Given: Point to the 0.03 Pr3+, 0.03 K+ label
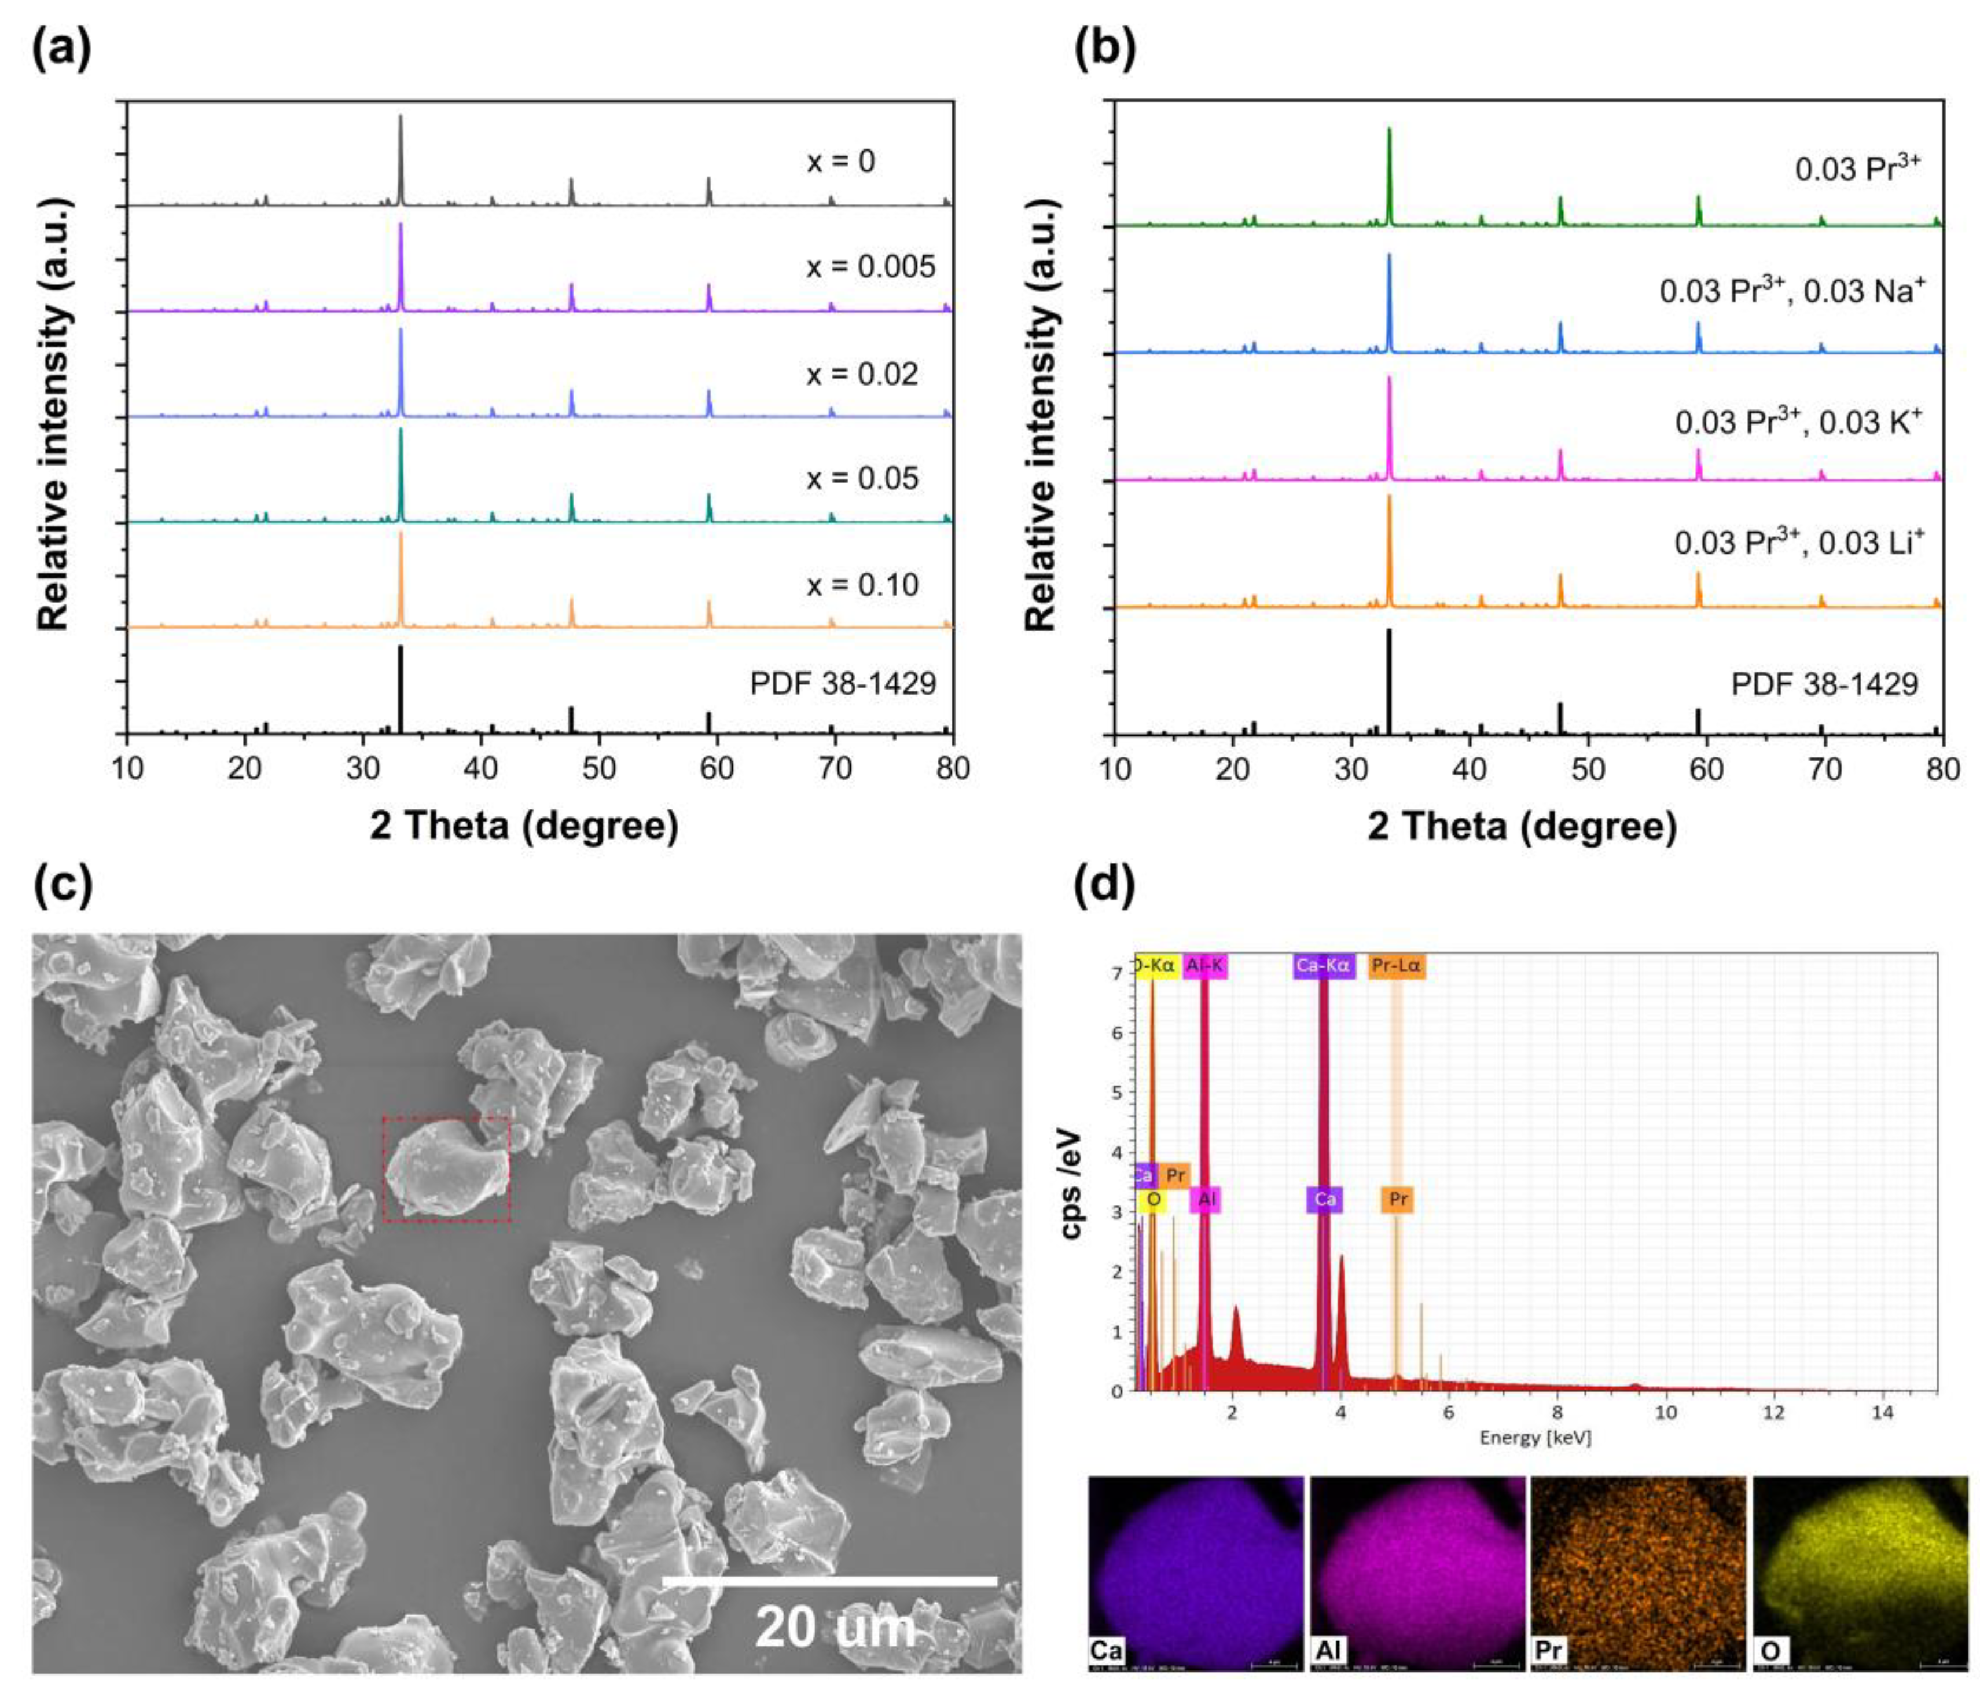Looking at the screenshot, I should coord(1798,422).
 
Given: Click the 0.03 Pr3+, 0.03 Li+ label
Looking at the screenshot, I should coord(1798,542).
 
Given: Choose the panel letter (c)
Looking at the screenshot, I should coord(63,884).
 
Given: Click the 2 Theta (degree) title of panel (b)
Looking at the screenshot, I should coord(1522,825).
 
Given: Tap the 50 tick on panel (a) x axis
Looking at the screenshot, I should coord(598,769).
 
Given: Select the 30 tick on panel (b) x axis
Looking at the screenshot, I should coord(1350,769).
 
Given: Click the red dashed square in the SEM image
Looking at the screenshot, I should coord(446,1168).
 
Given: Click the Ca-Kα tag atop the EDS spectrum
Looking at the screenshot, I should coord(1323,966).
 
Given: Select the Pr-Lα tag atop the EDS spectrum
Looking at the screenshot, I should coord(1396,966).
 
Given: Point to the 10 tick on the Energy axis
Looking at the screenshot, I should coord(1666,1411).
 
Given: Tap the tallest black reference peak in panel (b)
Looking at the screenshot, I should coord(1388,681).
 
